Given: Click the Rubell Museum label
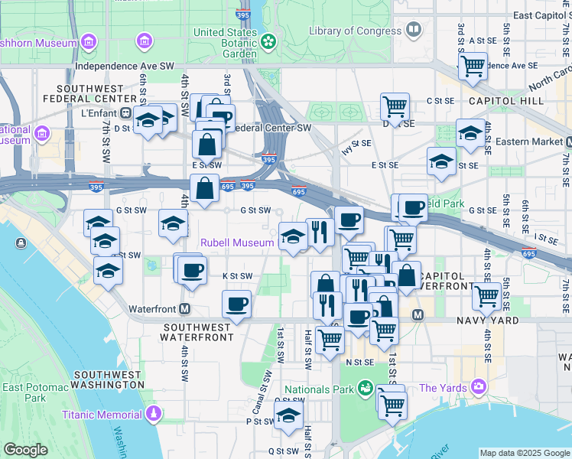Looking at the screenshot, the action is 237,243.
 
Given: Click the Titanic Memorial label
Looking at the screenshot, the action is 102,415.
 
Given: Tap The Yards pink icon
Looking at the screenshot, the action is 479,387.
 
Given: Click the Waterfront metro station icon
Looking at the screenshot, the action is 184,309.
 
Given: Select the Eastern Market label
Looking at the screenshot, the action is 529,142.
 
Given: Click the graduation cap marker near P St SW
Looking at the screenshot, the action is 288,416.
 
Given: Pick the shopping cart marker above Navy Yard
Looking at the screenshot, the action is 486,295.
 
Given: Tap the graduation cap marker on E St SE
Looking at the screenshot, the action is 441,161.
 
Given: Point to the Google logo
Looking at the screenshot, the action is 26,450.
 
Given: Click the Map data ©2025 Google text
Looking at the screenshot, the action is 523,453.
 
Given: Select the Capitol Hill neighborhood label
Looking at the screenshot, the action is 506,101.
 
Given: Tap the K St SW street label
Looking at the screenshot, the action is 237,275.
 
